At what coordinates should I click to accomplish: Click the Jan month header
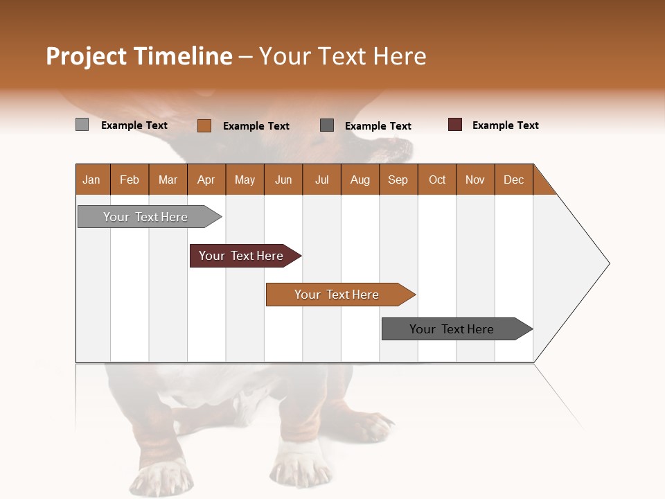click(x=92, y=180)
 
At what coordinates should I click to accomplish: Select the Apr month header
click(x=206, y=180)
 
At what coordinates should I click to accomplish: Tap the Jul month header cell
click(x=321, y=180)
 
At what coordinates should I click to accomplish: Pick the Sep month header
click(x=398, y=180)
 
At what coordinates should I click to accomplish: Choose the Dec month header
click(x=513, y=180)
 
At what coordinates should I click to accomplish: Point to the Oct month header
click(x=437, y=180)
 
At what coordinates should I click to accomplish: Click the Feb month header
click(x=130, y=180)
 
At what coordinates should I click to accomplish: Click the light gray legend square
click(x=82, y=125)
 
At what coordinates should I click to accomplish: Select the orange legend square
click(x=204, y=125)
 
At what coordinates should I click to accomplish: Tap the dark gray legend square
click(x=327, y=125)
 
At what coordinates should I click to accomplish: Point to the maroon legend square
click(x=454, y=125)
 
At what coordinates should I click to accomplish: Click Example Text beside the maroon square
click(x=505, y=125)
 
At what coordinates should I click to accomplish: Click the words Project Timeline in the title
click(x=139, y=56)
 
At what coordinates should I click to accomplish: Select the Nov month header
click(x=475, y=180)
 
